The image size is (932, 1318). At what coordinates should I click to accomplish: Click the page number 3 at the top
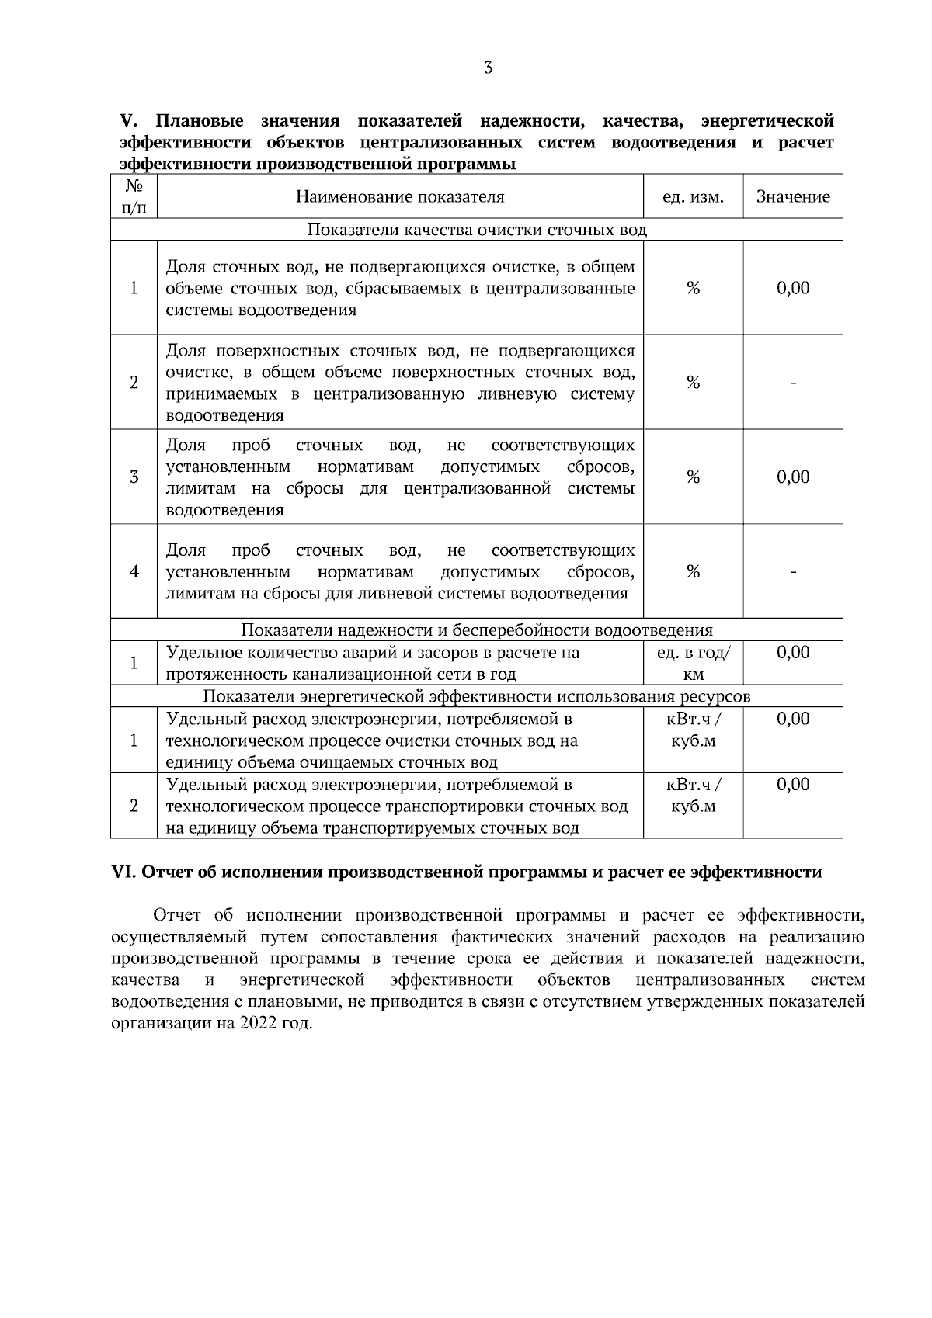[x=488, y=68]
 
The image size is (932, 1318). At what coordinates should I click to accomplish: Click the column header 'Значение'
[x=793, y=197]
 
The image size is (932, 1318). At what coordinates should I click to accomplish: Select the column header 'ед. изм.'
[x=693, y=197]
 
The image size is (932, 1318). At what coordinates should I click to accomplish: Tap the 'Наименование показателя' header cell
[x=400, y=197]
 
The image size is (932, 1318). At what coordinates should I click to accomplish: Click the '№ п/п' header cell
[x=134, y=197]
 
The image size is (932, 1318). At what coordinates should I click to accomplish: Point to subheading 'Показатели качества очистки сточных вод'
[x=476, y=230]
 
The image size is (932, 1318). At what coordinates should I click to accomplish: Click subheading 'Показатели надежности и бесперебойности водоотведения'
[x=476, y=630]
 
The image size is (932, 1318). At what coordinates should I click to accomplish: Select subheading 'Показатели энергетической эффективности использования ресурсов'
[x=476, y=696]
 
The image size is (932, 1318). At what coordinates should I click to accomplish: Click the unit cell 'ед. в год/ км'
[x=693, y=663]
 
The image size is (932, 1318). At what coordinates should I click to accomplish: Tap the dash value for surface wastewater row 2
[x=793, y=383]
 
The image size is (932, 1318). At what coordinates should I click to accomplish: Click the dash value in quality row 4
[x=793, y=572]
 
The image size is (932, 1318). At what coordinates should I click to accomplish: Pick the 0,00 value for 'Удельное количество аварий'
[x=793, y=653]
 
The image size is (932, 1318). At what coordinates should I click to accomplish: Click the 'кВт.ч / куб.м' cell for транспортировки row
[x=693, y=796]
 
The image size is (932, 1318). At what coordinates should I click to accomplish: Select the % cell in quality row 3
[x=693, y=477]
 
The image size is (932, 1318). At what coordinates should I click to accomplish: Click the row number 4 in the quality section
[x=134, y=572]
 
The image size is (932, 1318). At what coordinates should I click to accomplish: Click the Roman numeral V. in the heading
[x=128, y=122]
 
